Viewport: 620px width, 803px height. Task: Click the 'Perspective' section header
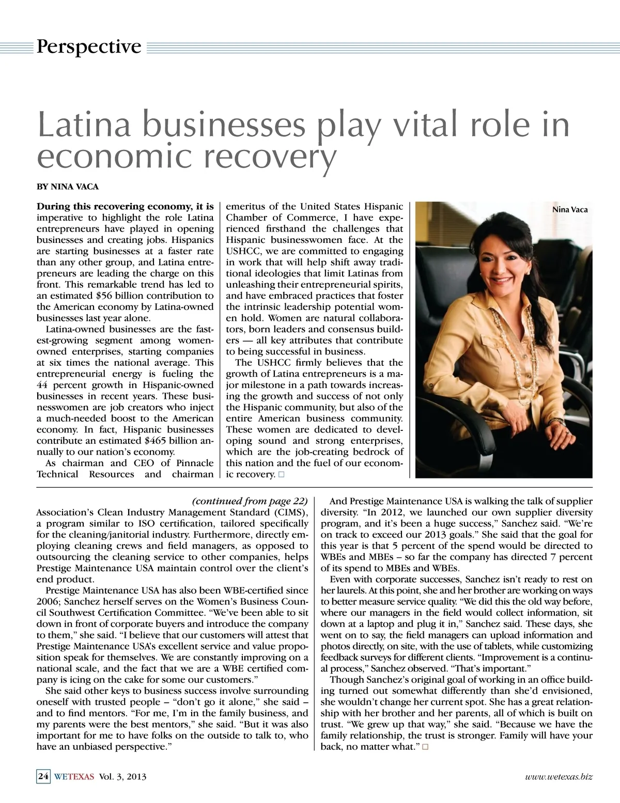88,47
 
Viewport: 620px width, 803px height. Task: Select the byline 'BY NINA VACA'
67,187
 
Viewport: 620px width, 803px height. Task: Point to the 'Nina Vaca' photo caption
569,210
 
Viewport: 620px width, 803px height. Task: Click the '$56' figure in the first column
107,296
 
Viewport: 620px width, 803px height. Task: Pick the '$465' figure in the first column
158,441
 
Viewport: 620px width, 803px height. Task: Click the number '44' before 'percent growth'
42,385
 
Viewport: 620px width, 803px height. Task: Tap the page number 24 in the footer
43,776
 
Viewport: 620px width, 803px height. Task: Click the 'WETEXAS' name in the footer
74,776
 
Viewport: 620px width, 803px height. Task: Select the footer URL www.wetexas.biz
558,776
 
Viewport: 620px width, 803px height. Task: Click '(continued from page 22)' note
250,501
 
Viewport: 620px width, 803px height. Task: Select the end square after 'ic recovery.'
281,474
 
